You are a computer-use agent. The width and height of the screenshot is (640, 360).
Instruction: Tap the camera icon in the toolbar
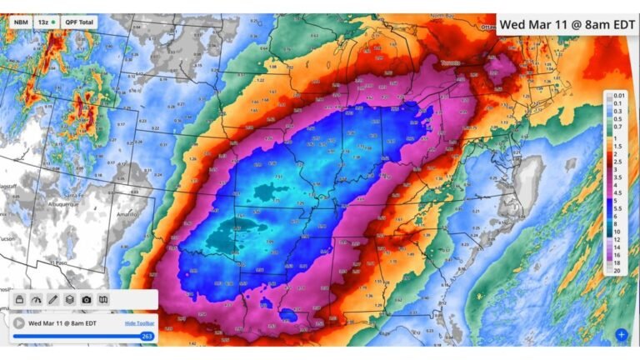click(87, 300)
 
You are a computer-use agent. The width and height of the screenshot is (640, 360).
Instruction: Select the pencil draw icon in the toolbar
click(52, 300)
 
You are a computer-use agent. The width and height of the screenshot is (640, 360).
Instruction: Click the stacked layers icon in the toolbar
click(70, 300)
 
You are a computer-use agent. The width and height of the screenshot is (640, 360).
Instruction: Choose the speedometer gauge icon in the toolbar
click(36, 300)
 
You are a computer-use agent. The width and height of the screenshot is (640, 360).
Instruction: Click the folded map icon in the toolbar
click(103, 300)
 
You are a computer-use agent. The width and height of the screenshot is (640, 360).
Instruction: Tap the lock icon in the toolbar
click(19, 300)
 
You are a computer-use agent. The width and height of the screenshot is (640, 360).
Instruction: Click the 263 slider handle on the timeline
click(147, 337)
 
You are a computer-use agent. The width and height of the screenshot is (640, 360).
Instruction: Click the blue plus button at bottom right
click(621, 335)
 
